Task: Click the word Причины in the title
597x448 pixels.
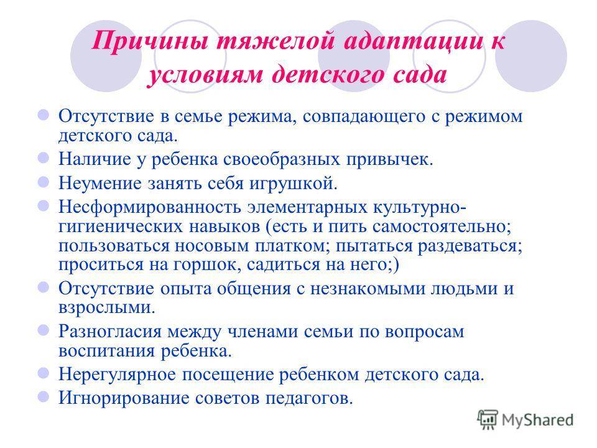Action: click(150, 41)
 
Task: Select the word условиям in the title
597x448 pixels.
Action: click(205, 73)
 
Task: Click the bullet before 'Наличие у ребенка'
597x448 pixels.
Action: click(44, 158)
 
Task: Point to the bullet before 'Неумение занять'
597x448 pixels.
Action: click(44, 182)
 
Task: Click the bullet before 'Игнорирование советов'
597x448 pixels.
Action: click(44, 397)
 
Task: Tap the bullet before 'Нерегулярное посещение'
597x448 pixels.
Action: click(44, 373)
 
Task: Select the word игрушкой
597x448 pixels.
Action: click(293, 183)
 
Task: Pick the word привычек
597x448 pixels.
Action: click(389, 159)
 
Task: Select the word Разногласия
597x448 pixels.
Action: click(110, 332)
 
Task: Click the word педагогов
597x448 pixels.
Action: click(309, 398)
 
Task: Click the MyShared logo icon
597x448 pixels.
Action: click(488, 419)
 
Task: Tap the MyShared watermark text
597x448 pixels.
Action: click(537, 420)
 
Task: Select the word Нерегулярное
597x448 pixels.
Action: click(117, 374)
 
